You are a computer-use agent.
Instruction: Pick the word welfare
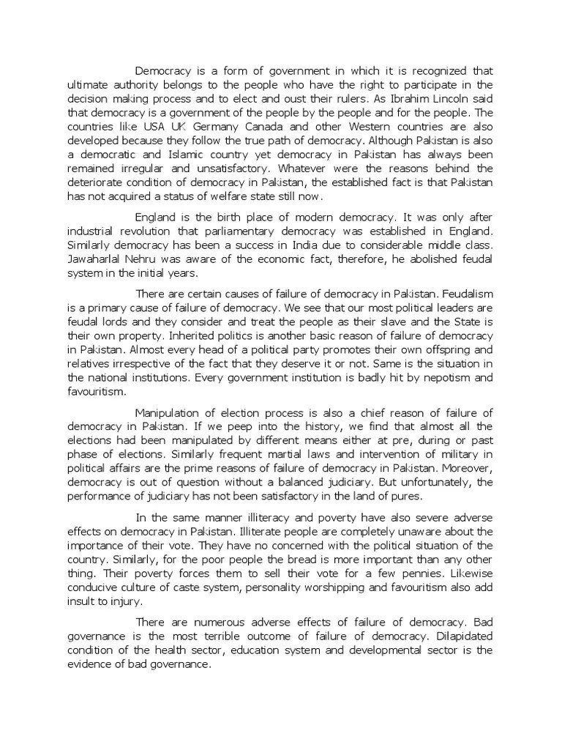click(241, 196)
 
